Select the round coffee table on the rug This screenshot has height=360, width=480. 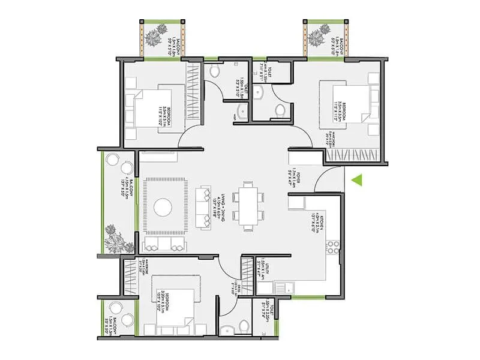coord(163,208)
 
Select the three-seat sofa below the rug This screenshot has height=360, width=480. coord(163,243)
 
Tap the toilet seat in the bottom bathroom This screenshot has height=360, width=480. coord(244,325)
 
